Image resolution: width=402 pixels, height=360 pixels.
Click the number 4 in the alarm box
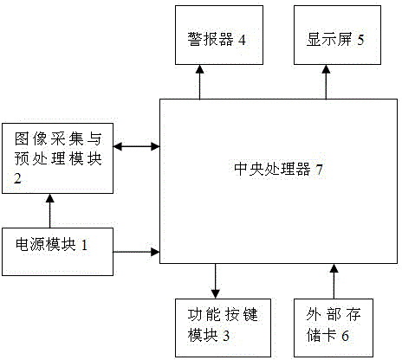[242, 40]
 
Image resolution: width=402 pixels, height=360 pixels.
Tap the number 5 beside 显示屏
[360, 40]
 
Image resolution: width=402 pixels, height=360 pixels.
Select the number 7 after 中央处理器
[319, 170]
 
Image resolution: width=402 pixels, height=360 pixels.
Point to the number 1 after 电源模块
[84, 245]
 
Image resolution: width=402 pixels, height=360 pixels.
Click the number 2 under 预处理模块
[17, 178]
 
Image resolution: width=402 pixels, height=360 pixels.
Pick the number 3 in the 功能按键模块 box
[226, 336]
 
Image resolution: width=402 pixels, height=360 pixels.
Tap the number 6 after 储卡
[345, 336]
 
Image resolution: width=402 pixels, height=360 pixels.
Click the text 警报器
[211, 40]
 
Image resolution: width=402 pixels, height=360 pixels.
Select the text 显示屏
[329, 40]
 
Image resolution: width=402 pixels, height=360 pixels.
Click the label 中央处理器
[272, 169]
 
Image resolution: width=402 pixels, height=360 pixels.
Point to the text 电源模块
[46, 245]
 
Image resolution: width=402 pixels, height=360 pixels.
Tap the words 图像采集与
[58, 139]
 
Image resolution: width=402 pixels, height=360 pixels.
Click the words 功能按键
[223, 315]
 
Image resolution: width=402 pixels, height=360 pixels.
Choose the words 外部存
[334, 315]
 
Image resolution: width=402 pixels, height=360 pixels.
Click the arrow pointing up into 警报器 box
[199, 82]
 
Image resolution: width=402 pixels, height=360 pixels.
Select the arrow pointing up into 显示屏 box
[326, 82]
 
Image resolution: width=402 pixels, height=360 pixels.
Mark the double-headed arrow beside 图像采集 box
[136, 146]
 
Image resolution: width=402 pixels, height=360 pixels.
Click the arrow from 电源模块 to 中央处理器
[136, 252]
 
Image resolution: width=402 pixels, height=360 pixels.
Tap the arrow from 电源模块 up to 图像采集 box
[50, 211]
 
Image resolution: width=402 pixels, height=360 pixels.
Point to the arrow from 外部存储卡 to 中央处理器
[334, 281]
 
